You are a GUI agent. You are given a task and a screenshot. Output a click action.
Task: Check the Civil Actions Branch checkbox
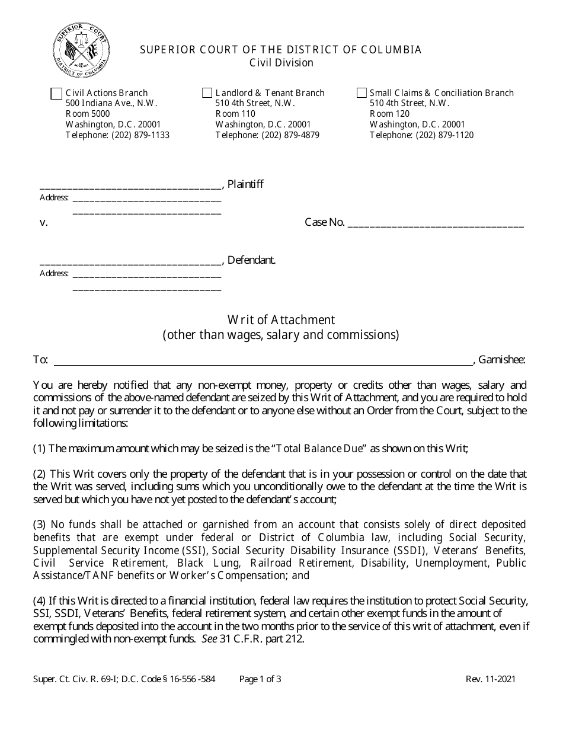coord(56,94)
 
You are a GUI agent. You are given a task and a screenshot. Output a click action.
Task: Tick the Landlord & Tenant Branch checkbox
coord(207,93)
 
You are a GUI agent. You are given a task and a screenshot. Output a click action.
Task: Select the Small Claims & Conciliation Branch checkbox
coord(362,93)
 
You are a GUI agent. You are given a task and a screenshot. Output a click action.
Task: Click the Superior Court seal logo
coord(81,52)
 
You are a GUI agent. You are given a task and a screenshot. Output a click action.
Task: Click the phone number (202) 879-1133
coord(140,135)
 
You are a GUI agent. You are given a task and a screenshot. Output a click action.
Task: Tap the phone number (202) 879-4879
coord(290,135)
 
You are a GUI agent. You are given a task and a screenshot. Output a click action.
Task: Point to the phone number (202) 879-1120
coord(444,135)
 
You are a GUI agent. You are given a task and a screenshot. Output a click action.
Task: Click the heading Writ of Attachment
coord(281,320)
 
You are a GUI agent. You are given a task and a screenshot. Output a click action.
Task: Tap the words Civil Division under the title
coord(281,63)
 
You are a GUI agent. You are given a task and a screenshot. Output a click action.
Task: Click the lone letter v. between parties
coord(43,223)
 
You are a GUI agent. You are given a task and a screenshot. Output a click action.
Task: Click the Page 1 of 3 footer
coord(260,679)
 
